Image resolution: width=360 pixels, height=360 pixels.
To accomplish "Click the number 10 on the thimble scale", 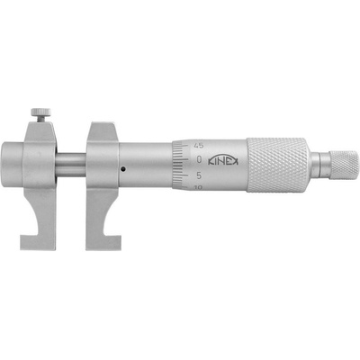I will [x=196, y=188].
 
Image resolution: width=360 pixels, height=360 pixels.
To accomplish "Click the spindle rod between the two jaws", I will [x=72, y=166].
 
